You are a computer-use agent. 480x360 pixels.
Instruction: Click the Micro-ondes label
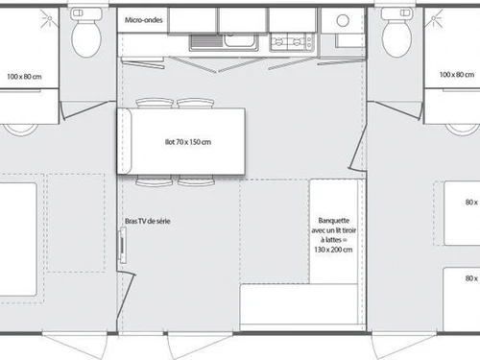point(145,19)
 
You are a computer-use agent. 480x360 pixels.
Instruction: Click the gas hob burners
point(287,41)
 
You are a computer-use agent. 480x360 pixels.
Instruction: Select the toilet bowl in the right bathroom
point(395,38)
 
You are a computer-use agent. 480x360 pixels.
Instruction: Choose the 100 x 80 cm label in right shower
point(457,74)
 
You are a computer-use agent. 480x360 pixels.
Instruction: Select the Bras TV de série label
point(147,222)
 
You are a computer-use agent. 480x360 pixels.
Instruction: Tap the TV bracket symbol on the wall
point(122,247)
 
